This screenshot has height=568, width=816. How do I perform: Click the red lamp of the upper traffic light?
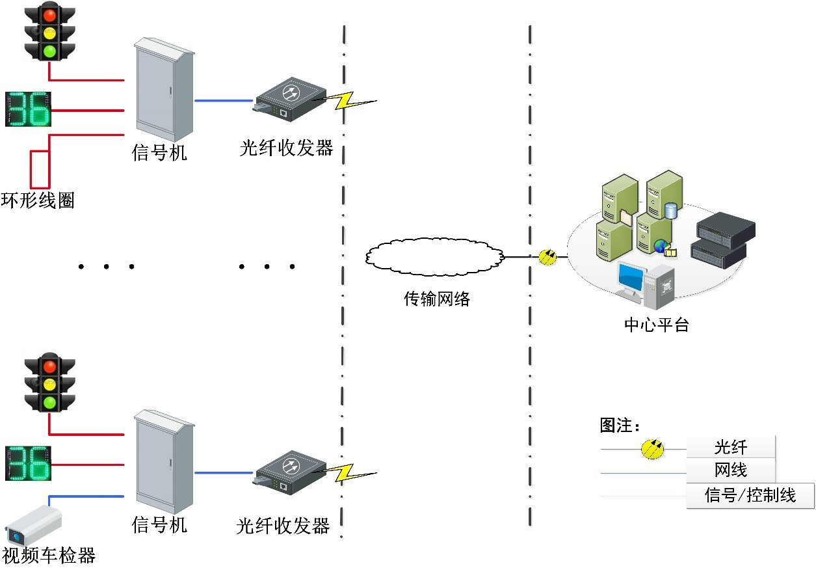pyautogui.click(x=49, y=15)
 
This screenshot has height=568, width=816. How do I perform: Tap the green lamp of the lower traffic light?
pyautogui.click(x=49, y=402)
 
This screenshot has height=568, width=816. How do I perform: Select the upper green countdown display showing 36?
pyautogui.click(x=28, y=109)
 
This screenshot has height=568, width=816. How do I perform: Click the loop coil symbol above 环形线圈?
pyautogui.click(x=40, y=168)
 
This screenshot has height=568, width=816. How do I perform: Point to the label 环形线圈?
pyautogui.click(x=38, y=200)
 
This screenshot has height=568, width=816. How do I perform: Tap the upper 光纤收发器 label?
pyautogui.click(x=286, y=148)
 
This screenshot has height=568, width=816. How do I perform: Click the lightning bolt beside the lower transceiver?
pyautogui.click(x=351, y=472)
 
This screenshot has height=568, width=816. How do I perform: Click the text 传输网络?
pyautogui.click(x=436, y=299)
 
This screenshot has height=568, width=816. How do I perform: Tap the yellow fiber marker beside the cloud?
pyautogui.click(x=548, y=257)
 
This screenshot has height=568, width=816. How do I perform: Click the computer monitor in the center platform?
pyautogui.click(x=631, y=280)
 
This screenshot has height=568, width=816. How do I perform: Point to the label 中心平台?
pyautogui.click(x=656, y=324)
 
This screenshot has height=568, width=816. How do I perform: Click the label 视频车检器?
pyautogui.click(x=49, y=555)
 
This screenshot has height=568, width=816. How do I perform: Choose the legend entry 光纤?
pyautogui.click(x=731, y=448)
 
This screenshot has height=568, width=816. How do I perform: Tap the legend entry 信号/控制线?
pyautogui.click(x=750, y=495)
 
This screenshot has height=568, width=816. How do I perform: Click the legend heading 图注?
pyautogui.click(x=619, y=426)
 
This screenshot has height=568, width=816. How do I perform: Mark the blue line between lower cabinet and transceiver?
pyautogui.click(x=224, y=472)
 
